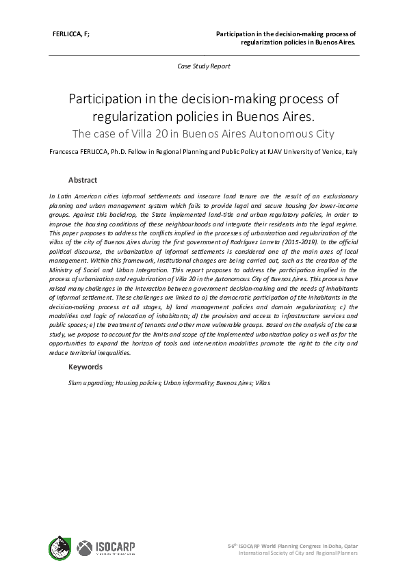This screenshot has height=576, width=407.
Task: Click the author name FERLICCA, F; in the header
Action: click(x=71, y=33)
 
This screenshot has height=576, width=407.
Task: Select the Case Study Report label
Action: click(x=203, y=66)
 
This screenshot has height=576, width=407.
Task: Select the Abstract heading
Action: click(x=82, y=181)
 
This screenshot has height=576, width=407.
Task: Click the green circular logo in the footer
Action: click(x=60, y=548)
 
